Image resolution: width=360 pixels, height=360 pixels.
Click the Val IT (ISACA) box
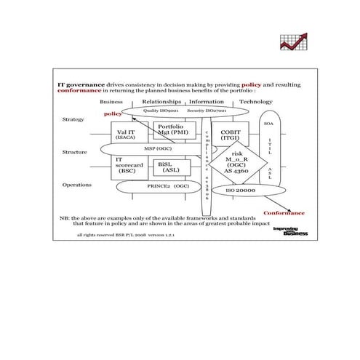tap(125, 134)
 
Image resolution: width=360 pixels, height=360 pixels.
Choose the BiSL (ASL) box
tap(172, 167)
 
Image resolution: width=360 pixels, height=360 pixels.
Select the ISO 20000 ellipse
tap(240, 191)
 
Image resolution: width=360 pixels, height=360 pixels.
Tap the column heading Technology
tap(256, 102)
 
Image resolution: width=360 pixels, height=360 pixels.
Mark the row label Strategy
tap(73, 119)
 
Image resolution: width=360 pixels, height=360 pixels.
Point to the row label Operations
tap(77, 185)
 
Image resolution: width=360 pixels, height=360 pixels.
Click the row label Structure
tap(75, 153)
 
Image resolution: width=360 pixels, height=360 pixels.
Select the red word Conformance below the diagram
tap(284, 213)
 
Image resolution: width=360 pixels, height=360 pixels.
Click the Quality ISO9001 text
tap(161, 111)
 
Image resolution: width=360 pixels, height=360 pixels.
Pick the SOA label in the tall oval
tap(268, 124)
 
